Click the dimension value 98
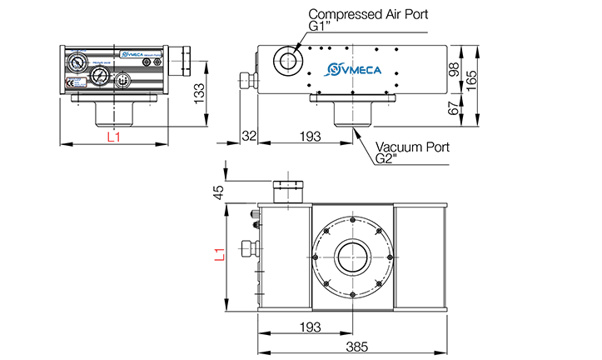tap(454, 69)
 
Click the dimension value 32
tap(248, 135)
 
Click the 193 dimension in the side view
tap(310, 135)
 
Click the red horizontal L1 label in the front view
tap(114, 137)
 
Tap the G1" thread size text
tap(320, 26)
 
